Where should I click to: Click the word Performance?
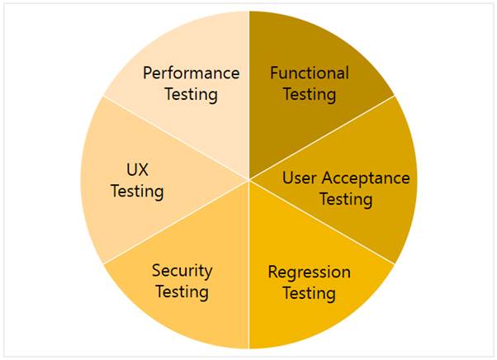(191, 73)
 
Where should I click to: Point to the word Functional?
(310, 73)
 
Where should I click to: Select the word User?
(299, 178)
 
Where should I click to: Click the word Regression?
(310, 272)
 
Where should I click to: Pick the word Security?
(182, 271)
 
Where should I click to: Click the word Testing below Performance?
(191, 94)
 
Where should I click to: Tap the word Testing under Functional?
(310, 94)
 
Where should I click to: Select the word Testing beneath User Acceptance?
(346, 200)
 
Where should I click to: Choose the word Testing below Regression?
(309, 294)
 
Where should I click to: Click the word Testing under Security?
(182, 292)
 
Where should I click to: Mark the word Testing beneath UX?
(137, 192)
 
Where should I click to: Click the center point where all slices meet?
(248, 180)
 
